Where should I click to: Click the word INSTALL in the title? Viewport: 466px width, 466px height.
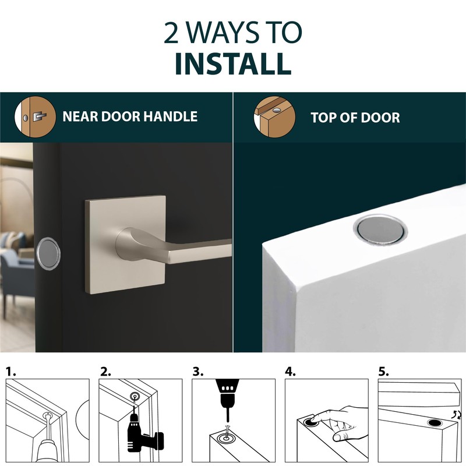click(233, 63)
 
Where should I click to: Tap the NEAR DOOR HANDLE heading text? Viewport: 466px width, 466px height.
click(130, 116)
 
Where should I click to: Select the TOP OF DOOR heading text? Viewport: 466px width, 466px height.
click(355, 118)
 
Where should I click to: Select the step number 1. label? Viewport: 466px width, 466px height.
click(12, 371)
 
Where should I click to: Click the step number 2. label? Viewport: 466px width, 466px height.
click(105, 371)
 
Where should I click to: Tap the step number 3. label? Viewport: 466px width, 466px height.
click(199, 371)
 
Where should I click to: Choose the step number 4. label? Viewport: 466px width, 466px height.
click(292, 371)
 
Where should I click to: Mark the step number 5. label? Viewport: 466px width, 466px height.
click(384, 371)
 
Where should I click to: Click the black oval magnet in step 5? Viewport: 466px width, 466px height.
click(434, 422)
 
